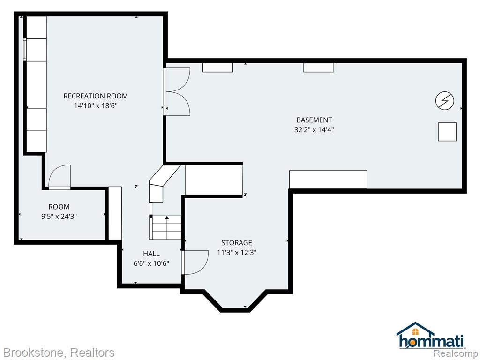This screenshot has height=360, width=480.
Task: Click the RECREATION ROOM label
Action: point(96,96)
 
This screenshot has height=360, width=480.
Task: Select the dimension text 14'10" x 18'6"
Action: point(96,106)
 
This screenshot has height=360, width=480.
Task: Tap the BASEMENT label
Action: point(314,120)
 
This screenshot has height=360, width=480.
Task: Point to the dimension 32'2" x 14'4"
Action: point(314,129)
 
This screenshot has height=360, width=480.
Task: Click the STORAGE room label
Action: point(237,243)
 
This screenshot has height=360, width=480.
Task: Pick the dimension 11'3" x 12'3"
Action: point(237,253)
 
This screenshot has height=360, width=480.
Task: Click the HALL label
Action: point(151,254)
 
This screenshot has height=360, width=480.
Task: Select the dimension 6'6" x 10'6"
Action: point(151,263)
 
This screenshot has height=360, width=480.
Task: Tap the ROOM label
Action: point(59,207)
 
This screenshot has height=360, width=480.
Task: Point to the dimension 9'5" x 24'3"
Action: point(59,217)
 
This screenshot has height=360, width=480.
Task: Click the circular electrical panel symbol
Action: point(444,100)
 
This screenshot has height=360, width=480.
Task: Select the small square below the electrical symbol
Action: point(447,132)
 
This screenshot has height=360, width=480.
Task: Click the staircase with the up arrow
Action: point(165,227)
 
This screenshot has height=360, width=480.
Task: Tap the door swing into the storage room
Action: point(195,262)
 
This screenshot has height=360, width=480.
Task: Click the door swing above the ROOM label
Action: point(60,177)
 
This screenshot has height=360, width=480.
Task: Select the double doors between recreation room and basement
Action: point(177,91)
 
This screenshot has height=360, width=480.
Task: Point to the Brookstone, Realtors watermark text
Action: point(59,352)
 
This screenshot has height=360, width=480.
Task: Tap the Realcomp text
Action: point(456,353)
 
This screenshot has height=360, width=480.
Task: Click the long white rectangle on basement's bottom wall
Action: point(328,180)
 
